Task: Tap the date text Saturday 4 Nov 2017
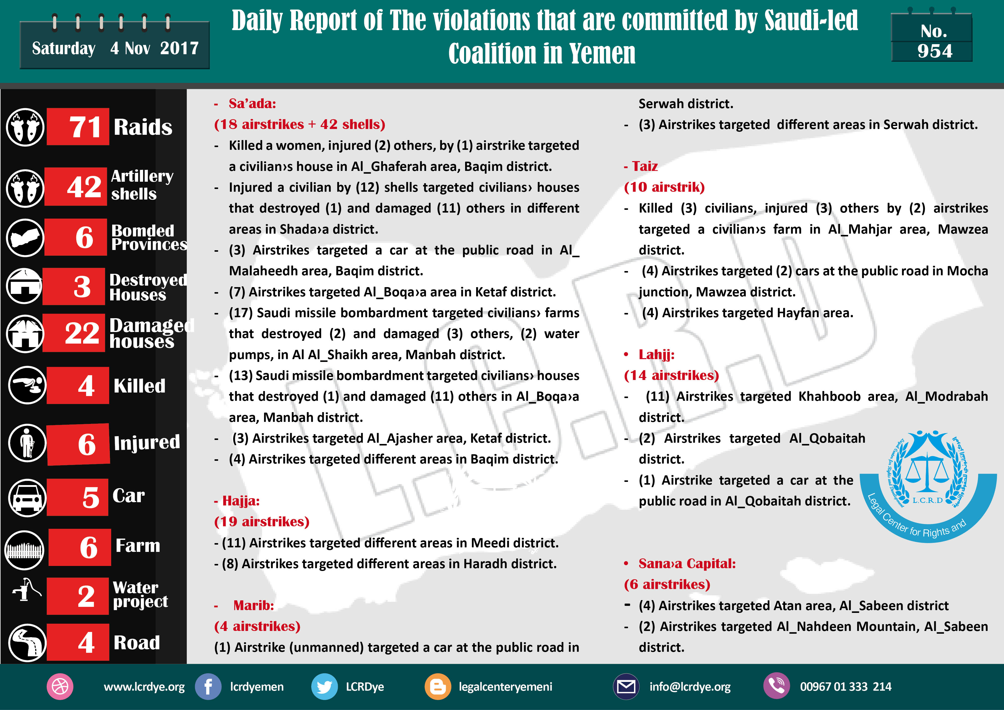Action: coord(115,48)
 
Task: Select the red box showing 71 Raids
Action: coord(78,127)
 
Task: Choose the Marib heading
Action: coord(254,606)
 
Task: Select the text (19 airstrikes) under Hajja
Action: coord(262,522)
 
